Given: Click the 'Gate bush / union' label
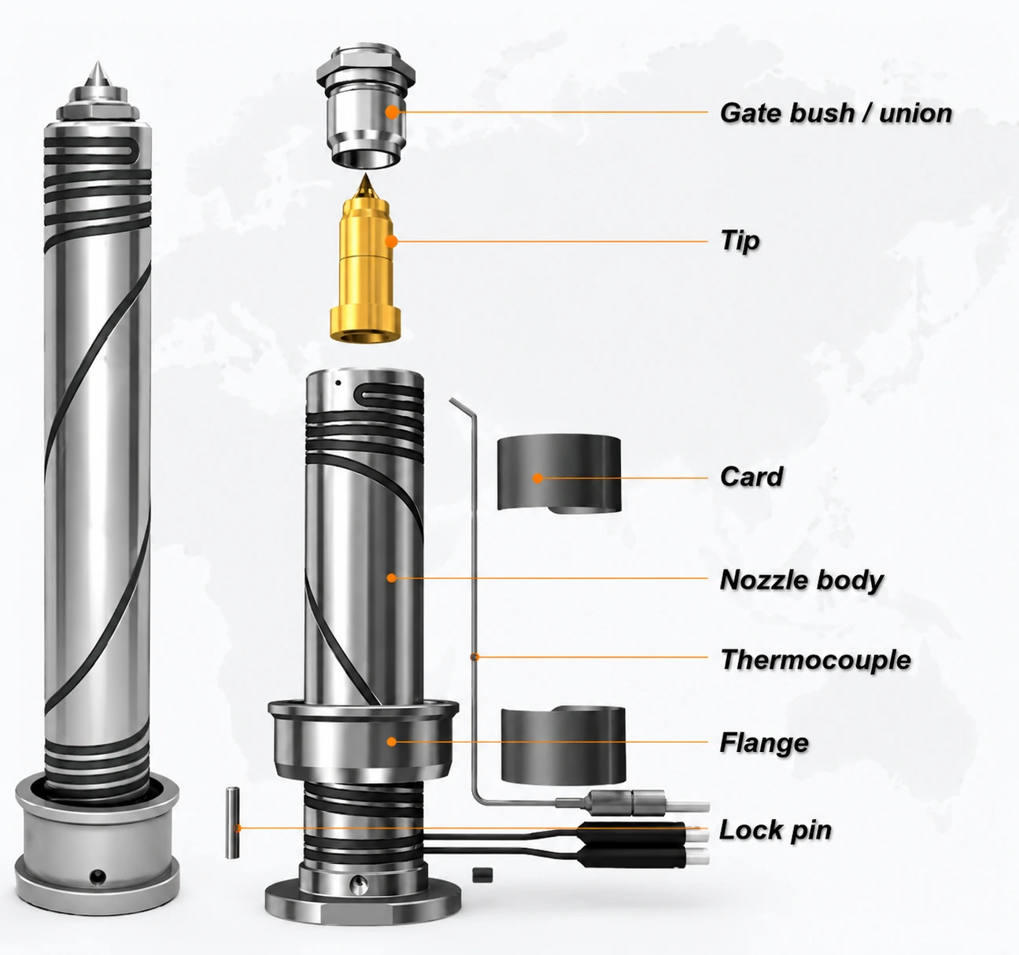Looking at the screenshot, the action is pos(836,113).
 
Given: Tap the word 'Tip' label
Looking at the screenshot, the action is pos(740,242).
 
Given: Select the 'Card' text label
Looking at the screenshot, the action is pos(751,477).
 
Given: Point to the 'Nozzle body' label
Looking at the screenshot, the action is pos(802,581).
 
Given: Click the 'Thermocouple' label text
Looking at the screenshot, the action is pos(816,660).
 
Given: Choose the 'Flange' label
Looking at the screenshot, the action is pos(764,743).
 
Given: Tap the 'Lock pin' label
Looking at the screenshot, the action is pos(775,830).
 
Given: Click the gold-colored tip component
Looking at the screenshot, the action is pos(365,259).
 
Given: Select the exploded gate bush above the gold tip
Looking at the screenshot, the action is pos(365,106).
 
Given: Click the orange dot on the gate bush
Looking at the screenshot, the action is pos(392,112).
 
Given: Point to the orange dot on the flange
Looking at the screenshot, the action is pos(392,742).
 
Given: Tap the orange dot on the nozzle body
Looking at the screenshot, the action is pos(392,578).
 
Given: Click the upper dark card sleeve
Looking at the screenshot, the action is pos(559,473).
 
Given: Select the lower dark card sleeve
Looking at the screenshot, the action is pos(563,745).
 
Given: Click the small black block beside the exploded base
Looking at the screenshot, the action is pos(482,875).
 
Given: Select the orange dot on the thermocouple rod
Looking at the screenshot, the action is pos(474,657).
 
